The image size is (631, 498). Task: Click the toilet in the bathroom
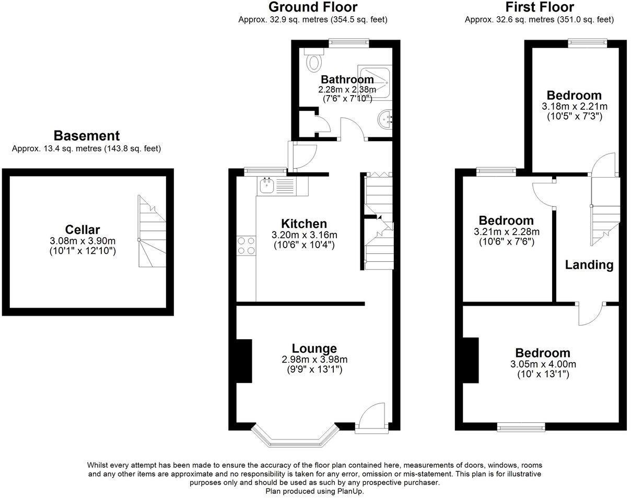click(313, 62)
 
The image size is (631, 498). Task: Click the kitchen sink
click(267, 184)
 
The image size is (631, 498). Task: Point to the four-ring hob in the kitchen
click(246, 246)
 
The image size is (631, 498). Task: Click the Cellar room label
click(82, 229)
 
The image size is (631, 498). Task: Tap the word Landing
click(589, 265)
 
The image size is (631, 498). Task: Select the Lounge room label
click(314, 349)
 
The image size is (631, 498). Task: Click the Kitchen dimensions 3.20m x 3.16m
click(304, 235)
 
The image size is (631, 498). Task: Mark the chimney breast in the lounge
click(243, 361)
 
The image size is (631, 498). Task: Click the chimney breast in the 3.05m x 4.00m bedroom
click(471, 361)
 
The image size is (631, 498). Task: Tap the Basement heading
click(87, 136)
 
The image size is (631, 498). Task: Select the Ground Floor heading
click(312, 7)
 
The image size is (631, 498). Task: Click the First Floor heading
click(539, 7)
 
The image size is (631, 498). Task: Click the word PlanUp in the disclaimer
click(349, 491)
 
